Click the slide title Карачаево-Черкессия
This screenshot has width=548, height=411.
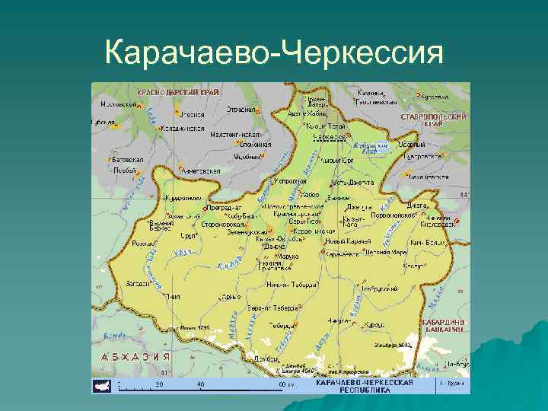pyautogui.click(x=274, y=53)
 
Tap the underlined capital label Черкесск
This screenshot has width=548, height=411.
pyautogui.click(x=329, y=137)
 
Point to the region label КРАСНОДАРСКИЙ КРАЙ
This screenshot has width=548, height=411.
pyautogui.click(x=179, y=91)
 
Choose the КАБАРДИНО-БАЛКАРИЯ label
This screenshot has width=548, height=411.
pyautogui.click(x=444, y=325)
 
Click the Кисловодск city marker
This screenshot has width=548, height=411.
pyautogui.click(x=457, y=222)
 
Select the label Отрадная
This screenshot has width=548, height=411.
pyautogui.click(x=241, y=109)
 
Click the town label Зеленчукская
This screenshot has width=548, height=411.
pyautogui.click(x=245, y=232)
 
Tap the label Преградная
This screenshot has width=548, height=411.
pyautogui.click(x=224, y=207)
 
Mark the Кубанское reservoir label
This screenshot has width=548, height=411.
pyautogui.click(x=372, y=148)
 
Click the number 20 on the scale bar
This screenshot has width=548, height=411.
pyautogui.click(x=159, y=384)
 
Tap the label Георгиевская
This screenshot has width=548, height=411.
pyautogui.click(x=378, y=100)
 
